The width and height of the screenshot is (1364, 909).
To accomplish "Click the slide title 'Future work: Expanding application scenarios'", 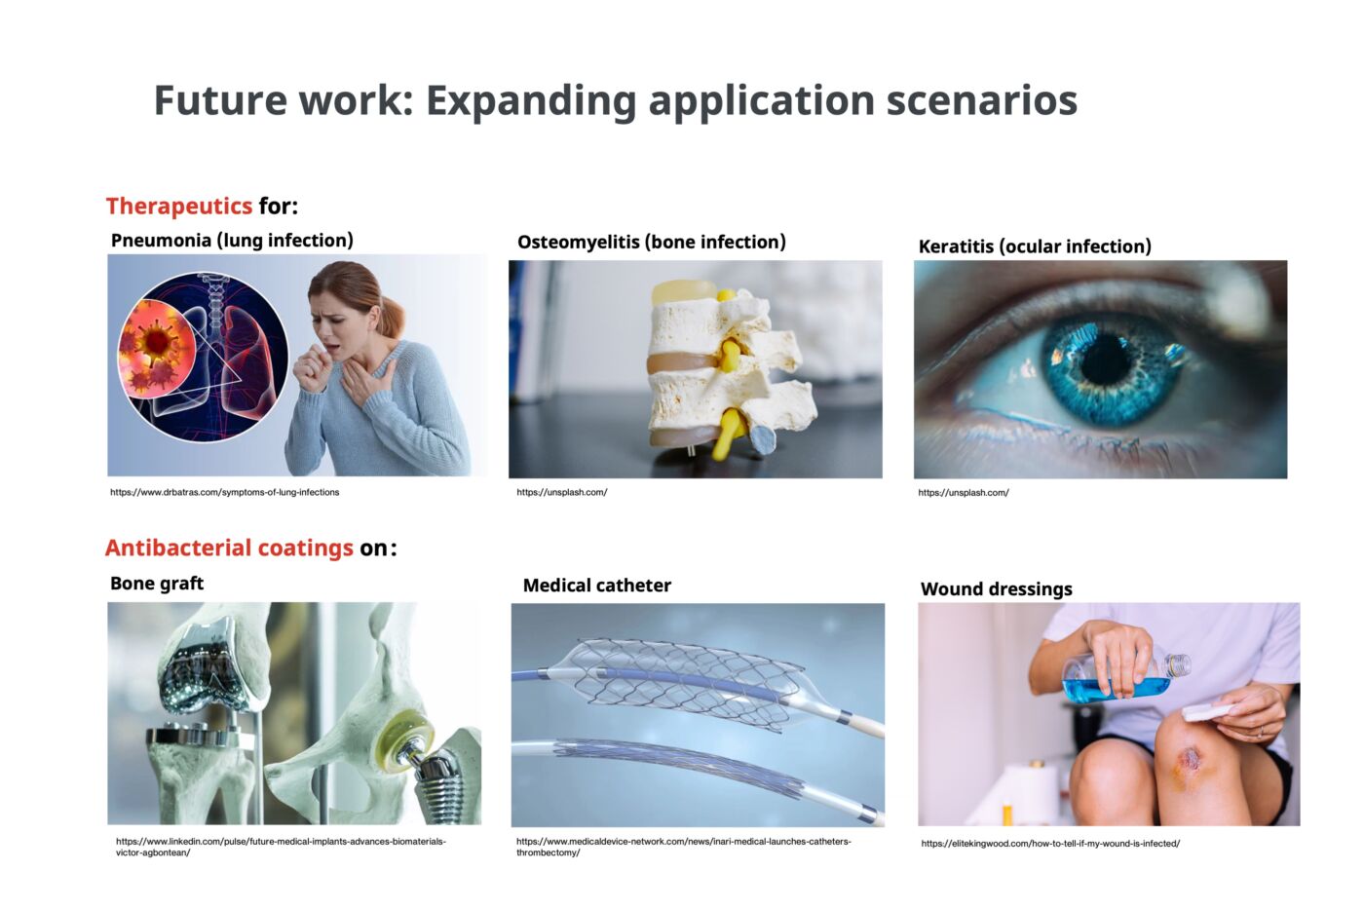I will pos(615,100).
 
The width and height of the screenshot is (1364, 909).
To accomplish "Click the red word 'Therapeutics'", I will pos(179,207).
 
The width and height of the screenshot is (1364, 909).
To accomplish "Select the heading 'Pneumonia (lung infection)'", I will pos(232,241).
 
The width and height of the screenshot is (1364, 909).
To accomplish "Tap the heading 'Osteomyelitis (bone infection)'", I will pos(651,243).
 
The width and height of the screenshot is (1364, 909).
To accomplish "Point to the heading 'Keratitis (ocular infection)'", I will pos(1034,246).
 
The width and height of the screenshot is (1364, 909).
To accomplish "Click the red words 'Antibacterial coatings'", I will pos(229,549).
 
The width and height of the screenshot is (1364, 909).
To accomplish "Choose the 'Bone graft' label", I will pos(157,584).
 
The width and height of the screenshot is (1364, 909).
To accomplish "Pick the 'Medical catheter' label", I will pos(596,586).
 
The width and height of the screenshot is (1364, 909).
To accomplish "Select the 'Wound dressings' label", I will pos(996,589).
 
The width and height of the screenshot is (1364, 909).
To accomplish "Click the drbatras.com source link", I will pos(224,493).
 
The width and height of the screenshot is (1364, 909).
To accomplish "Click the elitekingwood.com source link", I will pos(1050,844).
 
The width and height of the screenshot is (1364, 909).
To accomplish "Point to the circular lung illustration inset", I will pos(203,357).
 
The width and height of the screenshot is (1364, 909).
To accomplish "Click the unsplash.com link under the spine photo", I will pos(561,493).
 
